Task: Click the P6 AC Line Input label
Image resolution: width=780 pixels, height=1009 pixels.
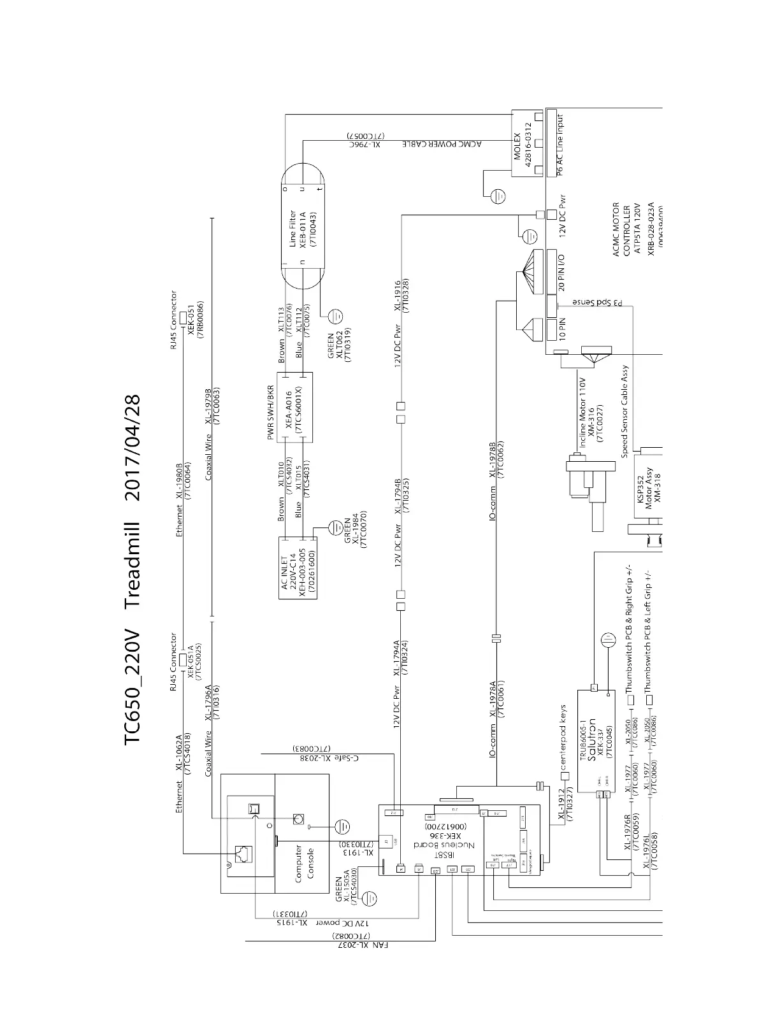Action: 560,145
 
